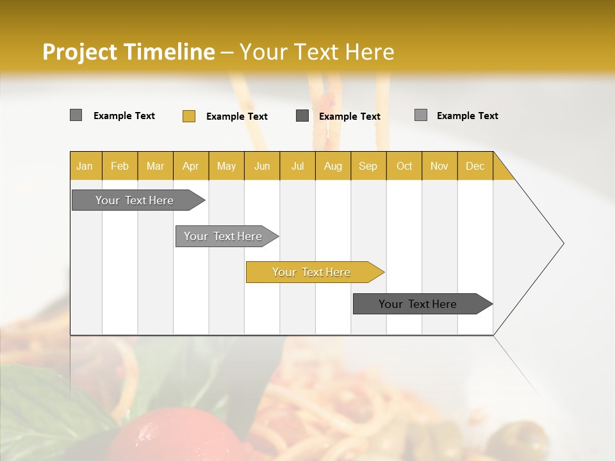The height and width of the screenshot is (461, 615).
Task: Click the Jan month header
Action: point(85,166)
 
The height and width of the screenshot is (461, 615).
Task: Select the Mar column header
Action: point(155,166)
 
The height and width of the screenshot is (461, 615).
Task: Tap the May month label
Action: point(226,166)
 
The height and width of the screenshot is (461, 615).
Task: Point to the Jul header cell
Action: point(297,166)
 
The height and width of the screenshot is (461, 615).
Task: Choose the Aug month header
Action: point(332,166)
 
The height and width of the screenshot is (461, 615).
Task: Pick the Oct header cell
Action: point(404,166)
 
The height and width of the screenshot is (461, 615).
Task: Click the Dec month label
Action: point(475,166)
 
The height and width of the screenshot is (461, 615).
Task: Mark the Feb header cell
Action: point(120,166)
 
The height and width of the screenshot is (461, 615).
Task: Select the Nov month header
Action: point(439,166)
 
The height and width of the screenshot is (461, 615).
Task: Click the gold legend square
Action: point(189,116)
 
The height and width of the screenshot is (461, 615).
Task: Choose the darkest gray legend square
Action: point(302,115)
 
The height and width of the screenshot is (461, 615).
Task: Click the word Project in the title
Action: point(79,52)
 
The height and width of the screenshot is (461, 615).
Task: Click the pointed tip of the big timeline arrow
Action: point(562,243)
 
